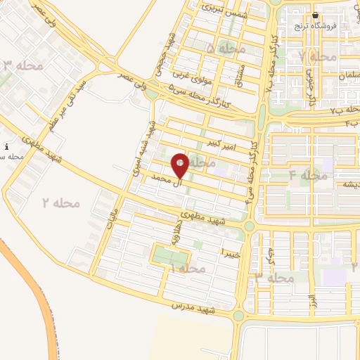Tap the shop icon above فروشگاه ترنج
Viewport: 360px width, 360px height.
(316, 15)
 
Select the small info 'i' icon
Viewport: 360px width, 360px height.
(6, 147)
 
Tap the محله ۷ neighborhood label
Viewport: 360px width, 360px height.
(316, 56)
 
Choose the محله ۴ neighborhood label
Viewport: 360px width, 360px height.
(309, 175)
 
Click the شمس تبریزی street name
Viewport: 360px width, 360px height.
(219, 10)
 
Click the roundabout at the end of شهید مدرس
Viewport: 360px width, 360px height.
(238, 316)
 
